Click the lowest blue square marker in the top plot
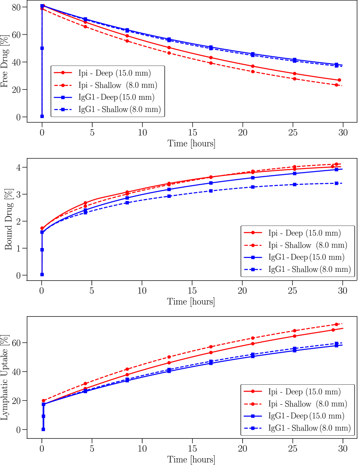(x=42, y=116)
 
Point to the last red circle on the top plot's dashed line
(x=337, y=85)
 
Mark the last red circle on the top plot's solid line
(x=339, y=80)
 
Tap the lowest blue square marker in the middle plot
(x=42, y=274)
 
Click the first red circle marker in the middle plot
(x=42, y=228)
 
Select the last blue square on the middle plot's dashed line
(x=336, y=183)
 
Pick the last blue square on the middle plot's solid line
(x=336, y=169)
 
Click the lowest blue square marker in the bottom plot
(x=43, y=429)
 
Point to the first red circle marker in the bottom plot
(x=43, y=400)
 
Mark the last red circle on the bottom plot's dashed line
(x=337, y=324)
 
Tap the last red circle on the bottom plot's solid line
(x=333, y=330)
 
